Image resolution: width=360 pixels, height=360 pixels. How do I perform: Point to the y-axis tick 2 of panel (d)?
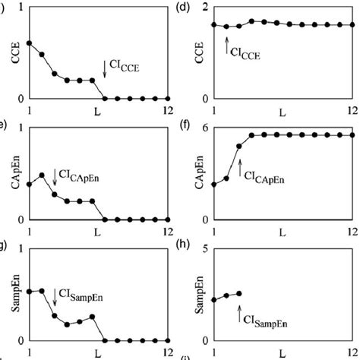click(x=203, y=8)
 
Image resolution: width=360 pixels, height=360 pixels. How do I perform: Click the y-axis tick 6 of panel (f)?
click(x=204, y=127)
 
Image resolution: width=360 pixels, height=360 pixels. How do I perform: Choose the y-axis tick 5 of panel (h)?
click(x=204, y=246)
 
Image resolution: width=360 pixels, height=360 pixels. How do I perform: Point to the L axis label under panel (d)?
click(x=282, y=113)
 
